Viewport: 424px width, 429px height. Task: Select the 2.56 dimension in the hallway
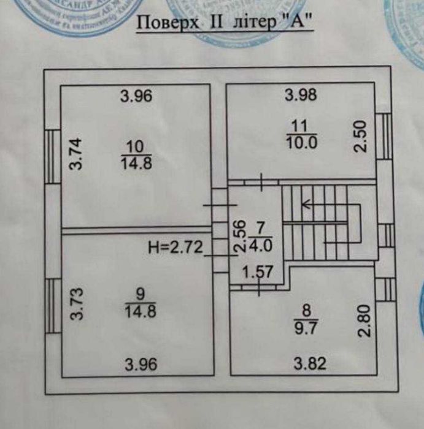pyautogui.click(x=240, y=236)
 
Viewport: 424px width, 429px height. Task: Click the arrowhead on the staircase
pyautogui.click(x=306, y=206)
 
